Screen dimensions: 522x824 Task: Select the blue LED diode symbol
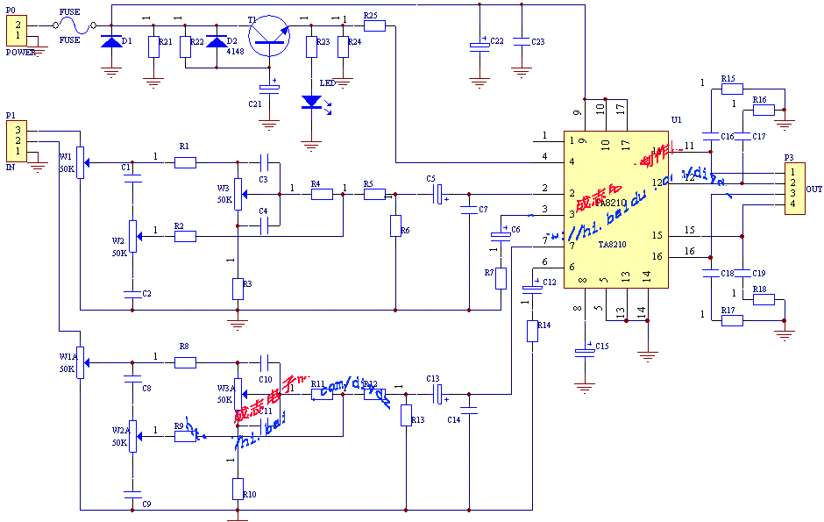pos(310,102)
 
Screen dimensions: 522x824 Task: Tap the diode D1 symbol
pos(111,41)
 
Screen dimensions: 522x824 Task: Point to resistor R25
pos(374,25)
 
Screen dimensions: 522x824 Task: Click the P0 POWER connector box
pos(17,31)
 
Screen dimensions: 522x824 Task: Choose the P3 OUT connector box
pos(792,188)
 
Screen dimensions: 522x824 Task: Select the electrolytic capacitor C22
pos(479,45)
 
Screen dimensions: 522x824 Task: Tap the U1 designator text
pos(676,119)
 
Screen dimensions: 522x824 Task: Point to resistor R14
pos(532,331)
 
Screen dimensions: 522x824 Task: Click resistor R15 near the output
pos(732,89)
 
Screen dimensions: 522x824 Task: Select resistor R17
pos(732,320)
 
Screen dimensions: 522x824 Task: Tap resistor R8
pos(185,361)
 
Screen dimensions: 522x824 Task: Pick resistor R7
pos(501,278)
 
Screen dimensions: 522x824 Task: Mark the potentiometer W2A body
pos(131,433)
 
